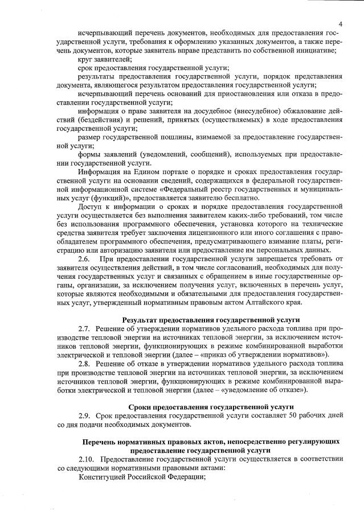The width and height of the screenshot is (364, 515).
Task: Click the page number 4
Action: tap(340, 24)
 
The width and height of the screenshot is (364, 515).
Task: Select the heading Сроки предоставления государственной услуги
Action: tap(211, 406)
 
